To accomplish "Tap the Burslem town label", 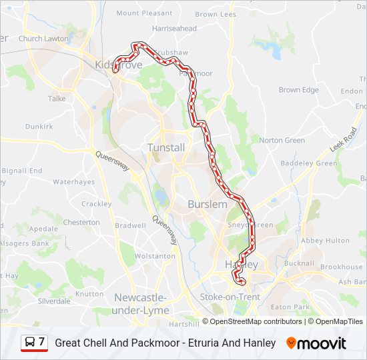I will (x=208, y=205).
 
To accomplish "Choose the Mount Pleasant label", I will (x=144, y=13).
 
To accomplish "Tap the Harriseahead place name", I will (x=174, y=29).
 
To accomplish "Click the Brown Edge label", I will (x=298, y=90).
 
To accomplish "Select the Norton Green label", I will (x=282, y=141).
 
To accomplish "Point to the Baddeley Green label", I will (x=309, y=163).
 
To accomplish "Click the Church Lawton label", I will (x=43, y=39).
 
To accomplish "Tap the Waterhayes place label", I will (x=74, y=182).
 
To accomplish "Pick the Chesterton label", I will (x=81, y=222).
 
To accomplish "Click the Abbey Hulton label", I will (x=325, y=241).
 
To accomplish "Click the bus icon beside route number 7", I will (x=30, y=343).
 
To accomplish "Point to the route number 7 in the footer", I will (x=42, y=342).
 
